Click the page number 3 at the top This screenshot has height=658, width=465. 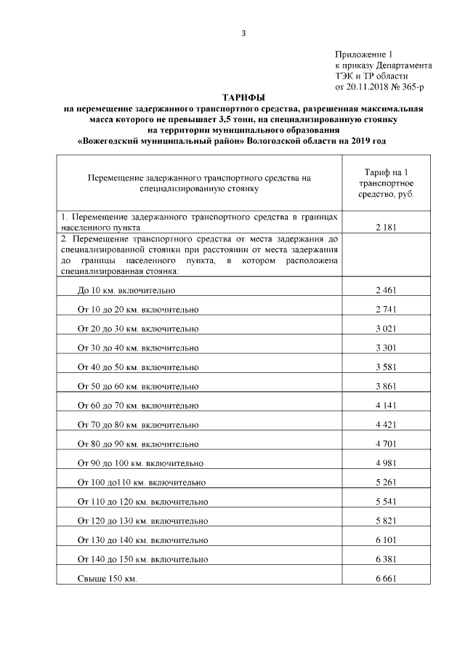pos(244,31)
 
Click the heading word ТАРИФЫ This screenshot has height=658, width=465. pos(243,97)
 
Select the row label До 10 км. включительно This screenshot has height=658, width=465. pos(126,290)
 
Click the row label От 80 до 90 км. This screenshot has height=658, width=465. pos(138,443)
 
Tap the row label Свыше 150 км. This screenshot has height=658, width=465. pos(107,578)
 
